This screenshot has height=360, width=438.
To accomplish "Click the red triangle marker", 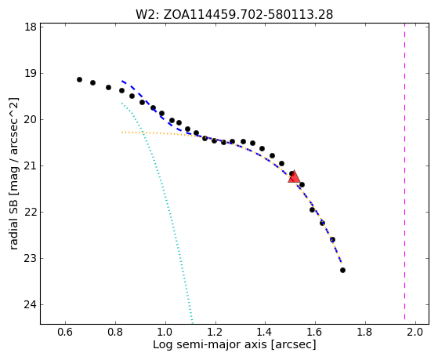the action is point(294,176).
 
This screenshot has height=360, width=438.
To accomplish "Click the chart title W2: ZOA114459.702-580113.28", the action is point(234,15).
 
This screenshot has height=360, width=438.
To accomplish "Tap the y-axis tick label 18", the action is point(30,27).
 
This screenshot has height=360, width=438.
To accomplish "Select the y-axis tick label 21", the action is point(30,165).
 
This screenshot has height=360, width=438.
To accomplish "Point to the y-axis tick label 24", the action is point(30,304).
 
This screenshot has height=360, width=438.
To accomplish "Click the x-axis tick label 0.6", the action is point(65,333).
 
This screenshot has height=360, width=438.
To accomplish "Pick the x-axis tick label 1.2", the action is point(215,333).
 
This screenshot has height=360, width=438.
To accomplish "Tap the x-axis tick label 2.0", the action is point(415,333).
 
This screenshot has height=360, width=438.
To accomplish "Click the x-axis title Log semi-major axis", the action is point(210,344).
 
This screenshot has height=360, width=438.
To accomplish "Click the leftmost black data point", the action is point(79,80).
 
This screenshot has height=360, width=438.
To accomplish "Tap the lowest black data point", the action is point(342,271).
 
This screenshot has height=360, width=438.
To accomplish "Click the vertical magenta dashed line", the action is point(405,172).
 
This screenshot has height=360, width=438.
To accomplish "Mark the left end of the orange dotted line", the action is point(122,133).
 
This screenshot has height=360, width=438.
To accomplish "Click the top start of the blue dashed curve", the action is point(122,81).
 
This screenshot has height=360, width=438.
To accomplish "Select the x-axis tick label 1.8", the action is point(365,333).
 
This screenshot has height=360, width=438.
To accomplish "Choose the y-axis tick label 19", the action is point(30,73).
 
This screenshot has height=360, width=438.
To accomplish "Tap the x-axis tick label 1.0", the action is point(165,333).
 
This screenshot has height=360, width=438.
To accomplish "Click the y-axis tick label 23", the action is point(30,259).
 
